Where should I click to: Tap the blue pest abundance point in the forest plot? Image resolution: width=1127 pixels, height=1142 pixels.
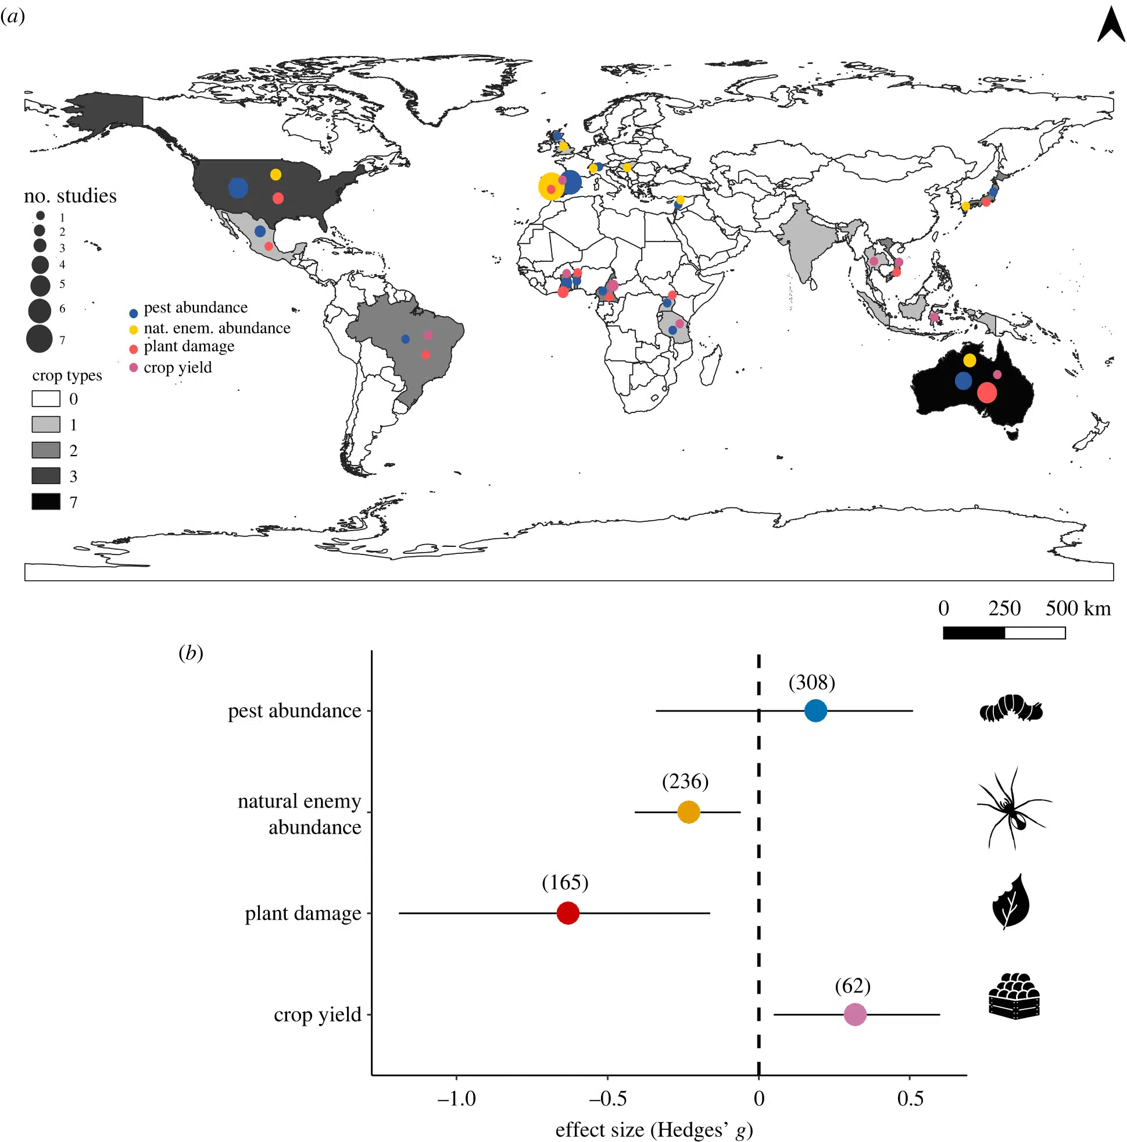click(x=815, y=710)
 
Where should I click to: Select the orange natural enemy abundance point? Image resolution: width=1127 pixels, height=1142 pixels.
click(x=688, y=812)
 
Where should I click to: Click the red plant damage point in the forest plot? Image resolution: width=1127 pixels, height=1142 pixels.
click(x=568, y=913)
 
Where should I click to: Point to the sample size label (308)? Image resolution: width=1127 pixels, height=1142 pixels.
click(x=811, y=683)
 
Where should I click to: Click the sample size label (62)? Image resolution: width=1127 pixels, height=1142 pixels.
click(x=852, y=986)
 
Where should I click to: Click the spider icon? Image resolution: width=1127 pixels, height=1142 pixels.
click(x=1012, y=808)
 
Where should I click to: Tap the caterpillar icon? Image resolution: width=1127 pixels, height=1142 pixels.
click(x=1011, y=709)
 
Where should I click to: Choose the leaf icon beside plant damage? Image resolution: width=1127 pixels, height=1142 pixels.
click(x=1011, y=902)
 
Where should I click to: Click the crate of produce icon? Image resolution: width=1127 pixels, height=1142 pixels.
click(x=1014, y=997)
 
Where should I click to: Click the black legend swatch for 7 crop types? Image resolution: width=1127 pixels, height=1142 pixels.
click(x=45, y=502)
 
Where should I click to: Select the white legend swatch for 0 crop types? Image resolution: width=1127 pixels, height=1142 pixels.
click(x=45, y=399)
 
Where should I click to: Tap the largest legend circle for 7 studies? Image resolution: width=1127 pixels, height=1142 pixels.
click(x=40, y=339)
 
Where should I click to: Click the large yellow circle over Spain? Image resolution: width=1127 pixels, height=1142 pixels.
click(x=550, y=186)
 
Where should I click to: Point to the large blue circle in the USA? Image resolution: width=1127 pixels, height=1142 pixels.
click(x=238, y=188)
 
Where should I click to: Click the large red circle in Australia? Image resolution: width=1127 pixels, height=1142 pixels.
click(x=986, y=393)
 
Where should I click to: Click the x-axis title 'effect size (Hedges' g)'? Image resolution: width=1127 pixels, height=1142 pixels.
click(x=653, y=1130)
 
